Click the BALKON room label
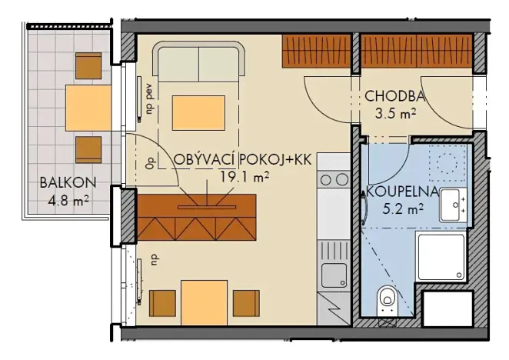point(67,183)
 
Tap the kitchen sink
point(334,274)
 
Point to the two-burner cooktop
point(334,179)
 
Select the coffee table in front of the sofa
point(198,112)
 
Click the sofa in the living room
point(200,61)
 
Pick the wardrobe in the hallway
point(415,50)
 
